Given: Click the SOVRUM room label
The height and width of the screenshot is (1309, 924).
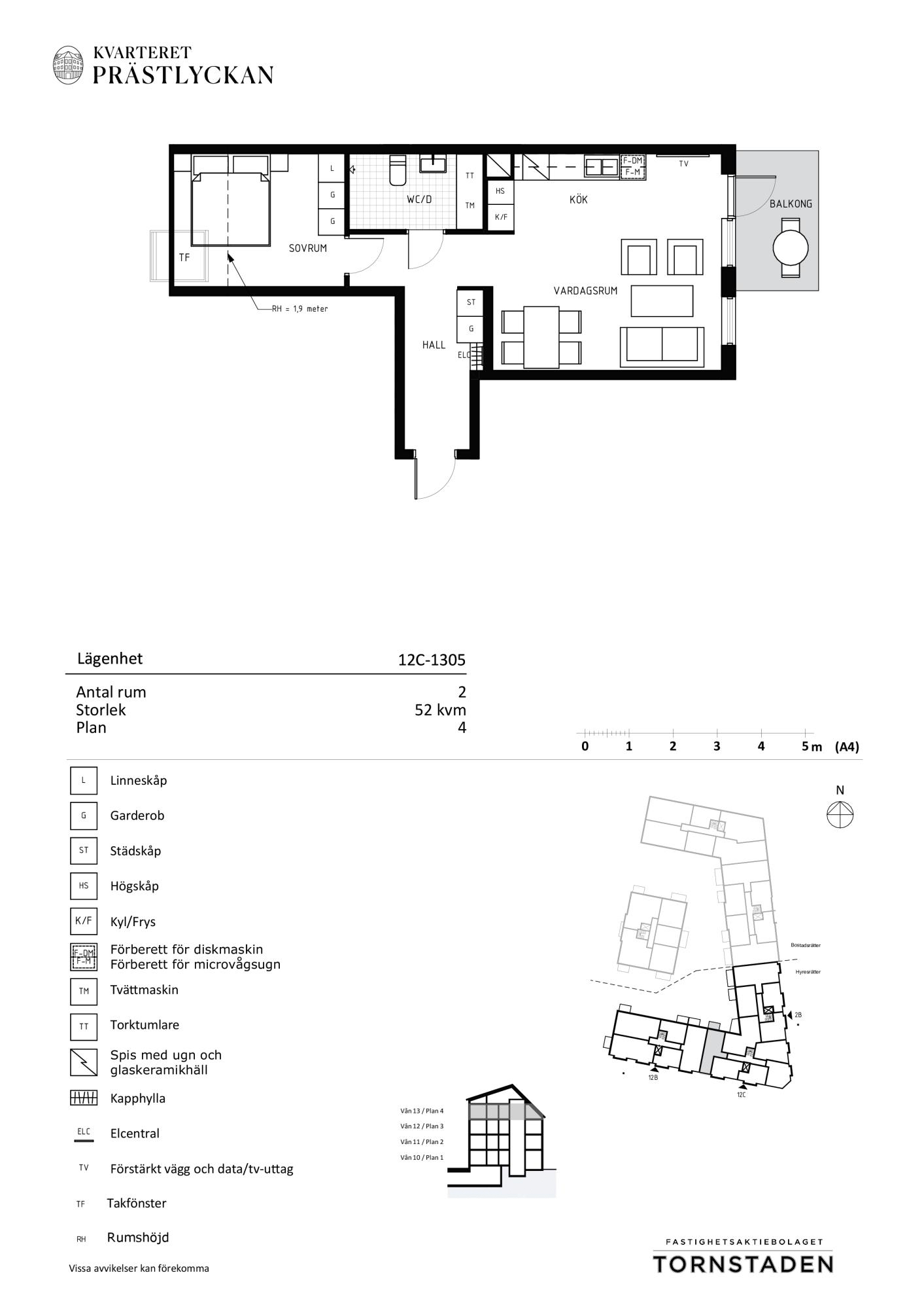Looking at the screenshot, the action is click(x=308, y=249).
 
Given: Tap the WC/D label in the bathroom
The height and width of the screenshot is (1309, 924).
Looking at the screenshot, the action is click(x=419, y=200).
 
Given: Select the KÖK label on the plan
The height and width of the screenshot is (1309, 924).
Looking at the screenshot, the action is click(x=579, y=199).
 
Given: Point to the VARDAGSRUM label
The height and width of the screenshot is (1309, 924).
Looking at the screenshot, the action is click(x=585, y=291).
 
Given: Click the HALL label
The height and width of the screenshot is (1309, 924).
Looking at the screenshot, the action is click(x=434, y=345).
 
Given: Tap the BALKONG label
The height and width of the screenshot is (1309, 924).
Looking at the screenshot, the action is click(x=791, y=204).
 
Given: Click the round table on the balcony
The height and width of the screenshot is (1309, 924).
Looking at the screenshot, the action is click(x=791, y=249).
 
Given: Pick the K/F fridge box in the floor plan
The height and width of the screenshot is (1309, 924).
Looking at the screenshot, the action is click(x=501, y=217).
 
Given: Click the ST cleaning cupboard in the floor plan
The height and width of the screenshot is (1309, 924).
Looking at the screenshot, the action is click(x=471, y=302).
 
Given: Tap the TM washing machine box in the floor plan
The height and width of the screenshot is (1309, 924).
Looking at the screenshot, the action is click(x=470, y=206).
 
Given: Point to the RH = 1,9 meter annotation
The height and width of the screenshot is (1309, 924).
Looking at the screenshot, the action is click(x=300, y=308).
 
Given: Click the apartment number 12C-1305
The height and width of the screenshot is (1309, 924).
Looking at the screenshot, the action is click(x=432, y=660).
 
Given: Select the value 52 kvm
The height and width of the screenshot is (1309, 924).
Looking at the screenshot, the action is click(x=440, y=710).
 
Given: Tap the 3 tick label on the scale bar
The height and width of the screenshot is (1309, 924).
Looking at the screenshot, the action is click(x=717, y=746).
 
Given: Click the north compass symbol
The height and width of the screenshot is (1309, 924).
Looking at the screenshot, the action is click(x=840, y=816).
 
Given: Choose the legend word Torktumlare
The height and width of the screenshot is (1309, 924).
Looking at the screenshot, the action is click(x=145, y=1025).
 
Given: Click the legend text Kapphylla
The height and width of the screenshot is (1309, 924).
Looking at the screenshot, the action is click(x=138, y=1098).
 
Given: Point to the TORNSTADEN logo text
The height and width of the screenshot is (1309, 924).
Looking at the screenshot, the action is click(x=744, y=1264).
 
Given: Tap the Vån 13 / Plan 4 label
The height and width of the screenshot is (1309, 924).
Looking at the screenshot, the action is click(x=422, y=1111).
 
